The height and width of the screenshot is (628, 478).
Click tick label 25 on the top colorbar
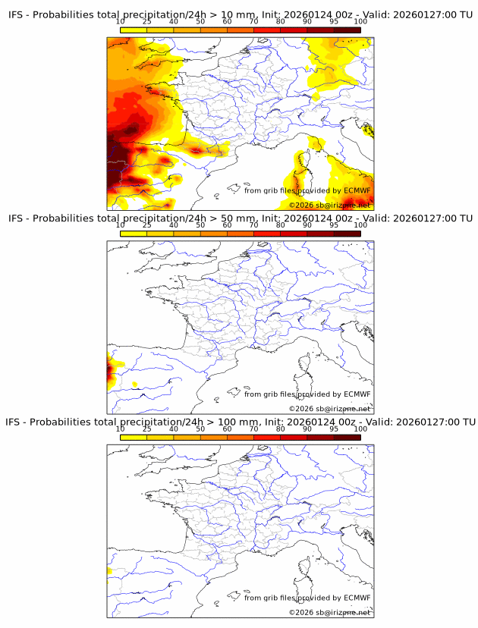(x=146, y=23)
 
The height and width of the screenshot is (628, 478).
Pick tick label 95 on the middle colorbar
(x=334, y=225)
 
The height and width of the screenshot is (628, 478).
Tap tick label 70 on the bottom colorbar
(x=253, y=429)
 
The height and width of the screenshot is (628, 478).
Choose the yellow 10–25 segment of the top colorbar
(x=133, y=30)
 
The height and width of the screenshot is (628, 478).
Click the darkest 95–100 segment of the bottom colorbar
(x=347, y=437)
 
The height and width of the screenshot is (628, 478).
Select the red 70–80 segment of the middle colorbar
(x=267, y=234)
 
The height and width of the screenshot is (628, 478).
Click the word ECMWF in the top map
(x=357, y=190)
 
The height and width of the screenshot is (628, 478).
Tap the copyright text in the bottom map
(x=329, y=612)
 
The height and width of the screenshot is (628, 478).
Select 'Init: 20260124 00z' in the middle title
(x=309, y=218)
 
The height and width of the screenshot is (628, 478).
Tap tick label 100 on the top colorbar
(x=360, y=23)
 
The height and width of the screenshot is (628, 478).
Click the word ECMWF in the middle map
(x=357, y=394)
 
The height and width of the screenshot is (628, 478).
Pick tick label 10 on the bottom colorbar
(x=120, y=429)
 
